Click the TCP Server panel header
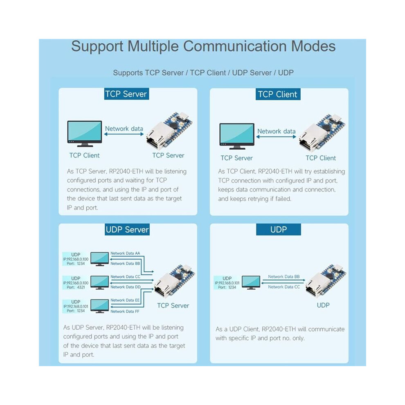126,94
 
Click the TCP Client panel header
278,94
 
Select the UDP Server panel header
127,229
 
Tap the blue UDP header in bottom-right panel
279,229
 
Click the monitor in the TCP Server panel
84,133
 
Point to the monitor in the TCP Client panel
237,136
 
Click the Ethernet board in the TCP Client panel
322,132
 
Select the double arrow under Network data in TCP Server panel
124,134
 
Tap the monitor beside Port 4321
99,282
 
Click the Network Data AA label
125,253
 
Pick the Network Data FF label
125,311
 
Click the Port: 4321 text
76,287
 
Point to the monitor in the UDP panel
251,282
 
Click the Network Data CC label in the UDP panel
284,287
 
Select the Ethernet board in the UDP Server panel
174,281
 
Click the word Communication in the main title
234,47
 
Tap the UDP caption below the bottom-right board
323,305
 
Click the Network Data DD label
126,287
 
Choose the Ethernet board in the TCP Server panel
169,130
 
